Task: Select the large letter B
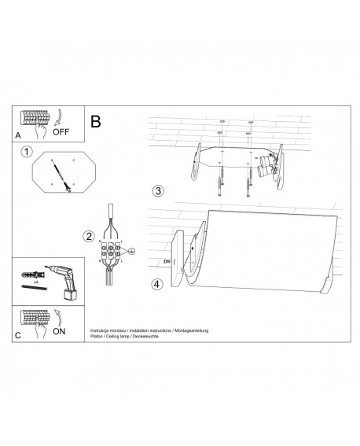[96, 122]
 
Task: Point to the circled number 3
[157, 191]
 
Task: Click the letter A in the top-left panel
[19, 135]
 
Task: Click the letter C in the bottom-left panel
[19, 335]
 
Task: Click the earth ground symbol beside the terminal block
[132, 252]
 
